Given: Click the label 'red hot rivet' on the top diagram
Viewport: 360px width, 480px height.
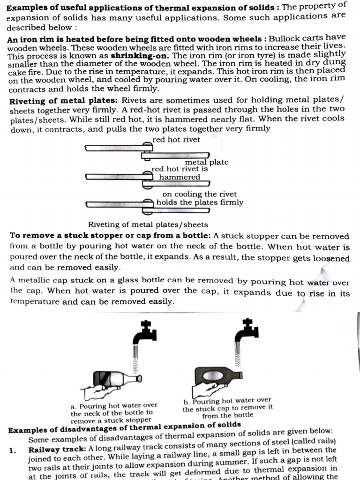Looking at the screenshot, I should tap(176, 140).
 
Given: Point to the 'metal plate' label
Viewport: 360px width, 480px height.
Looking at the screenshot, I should tap(206, 162).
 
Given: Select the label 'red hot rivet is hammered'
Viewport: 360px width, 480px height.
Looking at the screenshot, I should tap(179, 173).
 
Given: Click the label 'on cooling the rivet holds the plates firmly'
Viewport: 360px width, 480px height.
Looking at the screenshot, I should tap(200, 198).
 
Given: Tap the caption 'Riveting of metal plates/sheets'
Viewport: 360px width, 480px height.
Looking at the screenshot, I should tap(148, 225).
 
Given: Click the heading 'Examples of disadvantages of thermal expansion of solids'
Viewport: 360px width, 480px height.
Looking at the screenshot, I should tap(125, 427).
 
